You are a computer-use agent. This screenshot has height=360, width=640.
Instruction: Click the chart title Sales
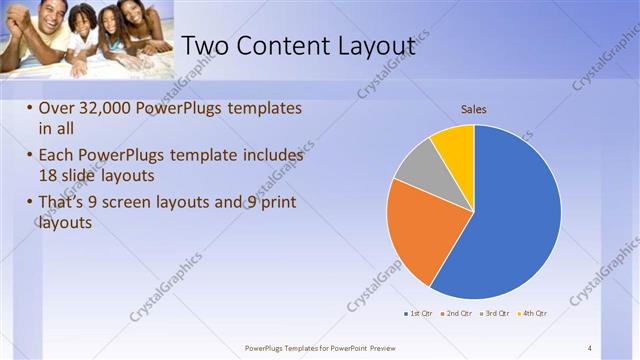473,109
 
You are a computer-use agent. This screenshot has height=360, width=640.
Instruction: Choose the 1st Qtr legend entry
418,313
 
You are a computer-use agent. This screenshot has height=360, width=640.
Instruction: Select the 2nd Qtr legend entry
457,313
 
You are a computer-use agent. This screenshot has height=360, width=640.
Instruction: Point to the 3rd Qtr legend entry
494,313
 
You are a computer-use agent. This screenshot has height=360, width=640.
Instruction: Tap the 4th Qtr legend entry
532,313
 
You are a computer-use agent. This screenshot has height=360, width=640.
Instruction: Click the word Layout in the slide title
369,46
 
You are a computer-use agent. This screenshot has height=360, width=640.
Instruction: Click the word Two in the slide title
208,46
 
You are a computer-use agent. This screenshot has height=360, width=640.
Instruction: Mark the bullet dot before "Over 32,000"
29,108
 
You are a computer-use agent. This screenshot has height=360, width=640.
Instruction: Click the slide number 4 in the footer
590,347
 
